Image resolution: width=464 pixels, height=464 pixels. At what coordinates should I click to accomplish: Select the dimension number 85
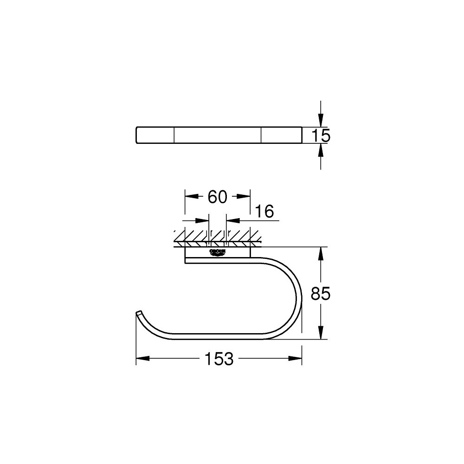(x=320, y=293)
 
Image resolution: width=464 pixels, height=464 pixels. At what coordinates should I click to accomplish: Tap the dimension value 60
(x=217, y=197)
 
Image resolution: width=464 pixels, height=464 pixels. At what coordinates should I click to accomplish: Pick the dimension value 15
(x=320, y=135)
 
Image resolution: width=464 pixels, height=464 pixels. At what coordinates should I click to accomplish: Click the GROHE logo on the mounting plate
(x=218, y=252)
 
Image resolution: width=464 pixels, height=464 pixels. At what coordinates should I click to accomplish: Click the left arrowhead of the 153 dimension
(x=142, y=359)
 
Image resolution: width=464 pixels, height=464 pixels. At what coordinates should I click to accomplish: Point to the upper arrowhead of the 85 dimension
(x=320, y=253)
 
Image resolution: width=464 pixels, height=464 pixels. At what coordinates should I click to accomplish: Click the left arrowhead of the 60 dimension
(x=190, y=197)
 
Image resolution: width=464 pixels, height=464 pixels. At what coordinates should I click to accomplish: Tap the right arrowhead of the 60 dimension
(x=245, y=197)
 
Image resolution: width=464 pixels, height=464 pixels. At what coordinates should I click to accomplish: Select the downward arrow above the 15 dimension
(x=320, y=121)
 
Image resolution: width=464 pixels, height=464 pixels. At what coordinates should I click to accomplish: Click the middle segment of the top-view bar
(x=217, y=135)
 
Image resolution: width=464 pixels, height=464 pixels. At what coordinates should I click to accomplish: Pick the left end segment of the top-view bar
(x=155, y=135)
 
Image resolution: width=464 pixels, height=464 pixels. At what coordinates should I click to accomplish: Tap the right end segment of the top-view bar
(x=281, y=135)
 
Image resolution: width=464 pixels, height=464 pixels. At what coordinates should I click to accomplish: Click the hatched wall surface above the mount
(x=218, y=237)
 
